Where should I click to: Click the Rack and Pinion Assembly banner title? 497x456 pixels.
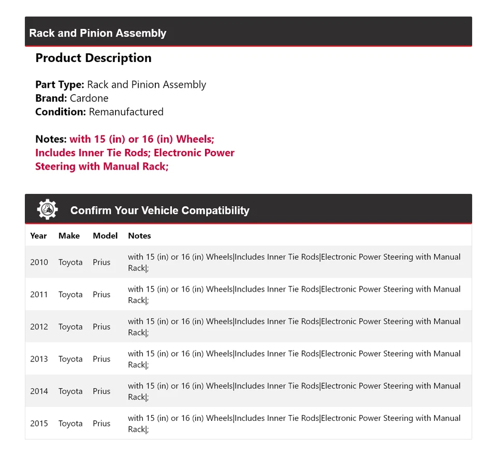98,33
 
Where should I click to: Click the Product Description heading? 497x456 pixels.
93,58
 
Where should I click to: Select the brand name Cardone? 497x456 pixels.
89,98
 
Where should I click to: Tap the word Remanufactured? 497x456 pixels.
126,112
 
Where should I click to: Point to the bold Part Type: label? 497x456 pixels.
60,85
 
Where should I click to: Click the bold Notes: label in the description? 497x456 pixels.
51,139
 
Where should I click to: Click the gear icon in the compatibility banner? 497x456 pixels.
47,209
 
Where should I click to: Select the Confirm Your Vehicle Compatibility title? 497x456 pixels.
159,210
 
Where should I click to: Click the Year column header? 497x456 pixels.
38,236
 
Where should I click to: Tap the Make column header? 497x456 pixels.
69,236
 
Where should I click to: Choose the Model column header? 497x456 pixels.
105,236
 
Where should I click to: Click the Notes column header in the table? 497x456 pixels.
139,236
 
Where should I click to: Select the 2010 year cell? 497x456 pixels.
39,262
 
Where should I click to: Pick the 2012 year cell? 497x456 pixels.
39,327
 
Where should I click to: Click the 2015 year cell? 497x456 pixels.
39,423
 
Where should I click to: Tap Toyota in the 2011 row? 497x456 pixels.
70,295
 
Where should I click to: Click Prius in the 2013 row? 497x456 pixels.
101,359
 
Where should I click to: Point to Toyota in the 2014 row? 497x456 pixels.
70,391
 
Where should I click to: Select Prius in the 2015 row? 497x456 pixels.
101,423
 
